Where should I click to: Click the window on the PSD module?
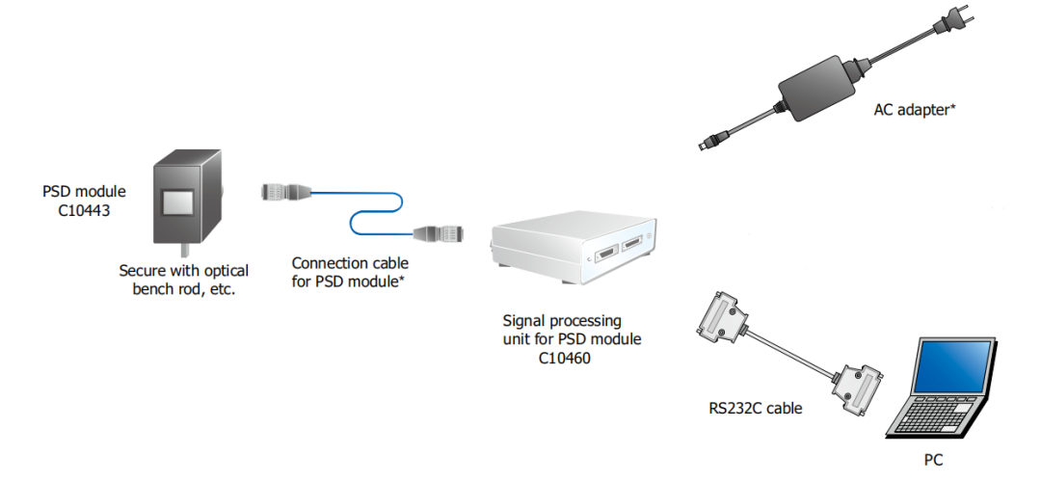(179, 203)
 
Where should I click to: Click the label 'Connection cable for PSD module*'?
(350, 271)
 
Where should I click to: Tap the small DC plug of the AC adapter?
(708, 143)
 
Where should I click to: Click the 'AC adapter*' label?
(914, 110)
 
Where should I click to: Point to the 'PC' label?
(933, 461)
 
